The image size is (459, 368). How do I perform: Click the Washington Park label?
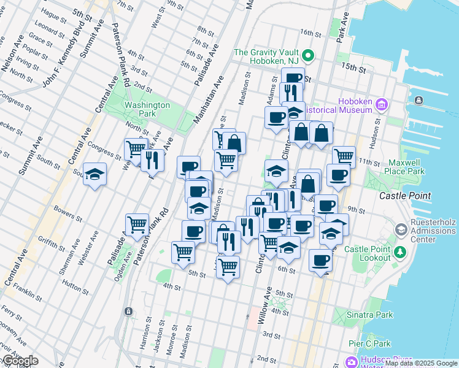click(x=147, y=109)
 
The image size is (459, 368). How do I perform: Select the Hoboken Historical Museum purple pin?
click(x=382, y=104)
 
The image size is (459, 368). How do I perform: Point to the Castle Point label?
click(x=405, y=196)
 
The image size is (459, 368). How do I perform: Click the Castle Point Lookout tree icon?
click(x=400, y=251)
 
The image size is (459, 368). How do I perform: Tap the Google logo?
click(x=20, y=361)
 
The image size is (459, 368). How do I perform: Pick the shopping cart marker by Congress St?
click(x=136, y=148)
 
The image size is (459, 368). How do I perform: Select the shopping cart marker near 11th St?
click(x=344, y=155)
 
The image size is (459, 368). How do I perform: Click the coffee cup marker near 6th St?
click(x=320, y=260)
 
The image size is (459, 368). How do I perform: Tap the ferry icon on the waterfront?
click(x=418, y=100)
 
